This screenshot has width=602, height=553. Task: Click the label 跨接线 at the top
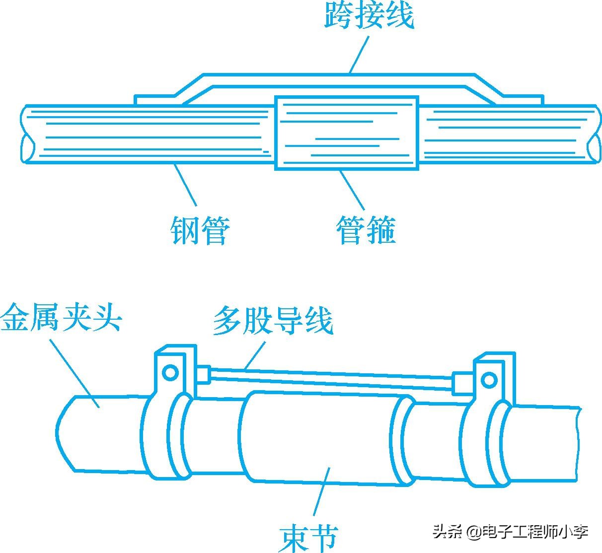click(369, 15)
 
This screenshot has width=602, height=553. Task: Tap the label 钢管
click(200, 230)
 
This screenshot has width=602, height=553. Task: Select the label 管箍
click(366, 230)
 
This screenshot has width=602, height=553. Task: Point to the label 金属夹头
click(61, 318)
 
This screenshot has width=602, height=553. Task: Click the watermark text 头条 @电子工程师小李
click(510, 533)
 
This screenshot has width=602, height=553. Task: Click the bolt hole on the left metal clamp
click(170, 372)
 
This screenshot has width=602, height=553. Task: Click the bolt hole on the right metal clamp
click(489, 380)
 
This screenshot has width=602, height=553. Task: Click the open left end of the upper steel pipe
click(27, 148)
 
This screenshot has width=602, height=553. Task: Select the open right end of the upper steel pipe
click(593, 147)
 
